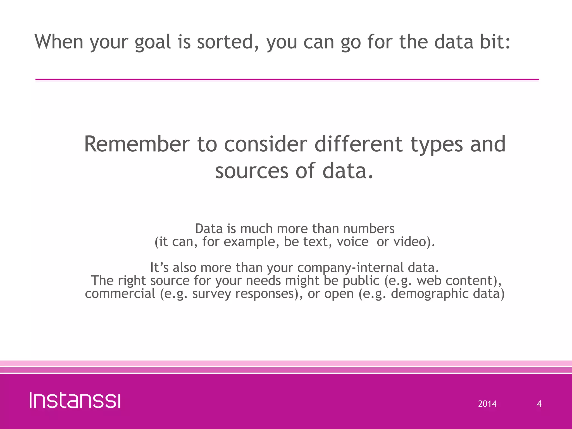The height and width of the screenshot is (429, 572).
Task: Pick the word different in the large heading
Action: (359, 144)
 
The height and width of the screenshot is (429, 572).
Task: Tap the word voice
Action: (352, 242)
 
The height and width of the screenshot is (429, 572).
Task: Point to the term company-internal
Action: (350, 268)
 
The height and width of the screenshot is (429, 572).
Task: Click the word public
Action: (361, 281)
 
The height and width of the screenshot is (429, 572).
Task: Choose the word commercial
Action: (120, 294)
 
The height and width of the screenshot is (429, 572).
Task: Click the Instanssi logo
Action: (75, 401)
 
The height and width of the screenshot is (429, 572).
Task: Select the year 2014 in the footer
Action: (487, 404)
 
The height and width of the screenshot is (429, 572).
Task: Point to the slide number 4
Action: (539, 404)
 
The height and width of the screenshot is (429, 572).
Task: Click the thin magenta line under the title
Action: (287, 80)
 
